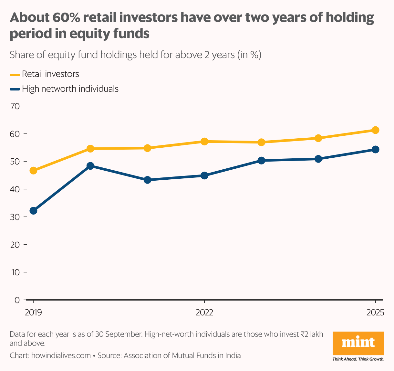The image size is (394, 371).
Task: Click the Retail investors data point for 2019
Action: point(33,170)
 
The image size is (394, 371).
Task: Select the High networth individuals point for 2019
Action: point(33,211)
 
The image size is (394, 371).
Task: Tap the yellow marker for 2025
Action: point(375,130)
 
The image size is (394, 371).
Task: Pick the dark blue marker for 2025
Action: point(375,149)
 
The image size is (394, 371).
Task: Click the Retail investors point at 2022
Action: point(204,141)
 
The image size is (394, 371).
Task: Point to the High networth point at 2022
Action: point(204,175)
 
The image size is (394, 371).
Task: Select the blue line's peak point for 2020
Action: point(90,166)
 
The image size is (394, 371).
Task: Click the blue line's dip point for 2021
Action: point(147,180)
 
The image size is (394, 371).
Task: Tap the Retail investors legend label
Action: point(50,74)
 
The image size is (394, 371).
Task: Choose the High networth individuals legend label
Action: point(70,89)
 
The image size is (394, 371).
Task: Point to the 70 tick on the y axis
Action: point(15,106)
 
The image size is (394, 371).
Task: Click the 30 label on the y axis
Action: point(15,217)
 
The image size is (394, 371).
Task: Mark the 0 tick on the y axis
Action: point(17,300)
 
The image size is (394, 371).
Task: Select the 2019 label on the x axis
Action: point(33,313)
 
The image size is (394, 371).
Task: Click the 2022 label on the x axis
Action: point(204,313)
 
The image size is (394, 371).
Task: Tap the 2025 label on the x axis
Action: point(375,313)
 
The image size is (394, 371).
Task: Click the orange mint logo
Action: point(358,343)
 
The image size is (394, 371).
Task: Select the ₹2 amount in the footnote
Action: point(304,334)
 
